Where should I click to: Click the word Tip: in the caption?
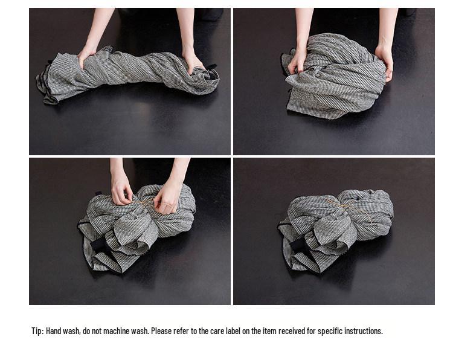point(37,331)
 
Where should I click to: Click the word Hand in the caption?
point(53,331)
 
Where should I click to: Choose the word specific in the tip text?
point(329,331)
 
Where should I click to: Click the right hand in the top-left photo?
point(193,62)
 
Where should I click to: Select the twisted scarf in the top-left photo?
point(127,74)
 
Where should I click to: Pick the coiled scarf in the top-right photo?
point(335,76)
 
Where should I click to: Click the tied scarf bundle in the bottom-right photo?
point(335,228)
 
